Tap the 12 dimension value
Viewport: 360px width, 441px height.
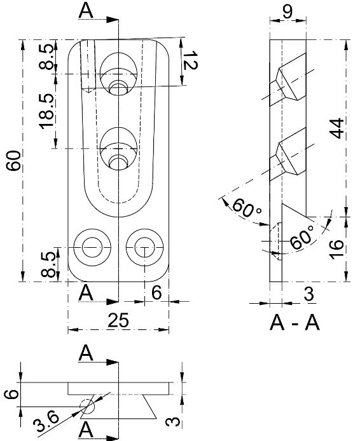click(189, 62)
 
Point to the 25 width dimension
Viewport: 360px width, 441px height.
click(118, 321)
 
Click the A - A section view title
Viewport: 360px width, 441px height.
click(294, 323)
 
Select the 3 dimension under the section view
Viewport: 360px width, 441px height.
click(308, 293)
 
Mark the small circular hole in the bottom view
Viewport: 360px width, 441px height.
click(86, 405)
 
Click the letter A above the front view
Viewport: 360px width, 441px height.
click(88, 10)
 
